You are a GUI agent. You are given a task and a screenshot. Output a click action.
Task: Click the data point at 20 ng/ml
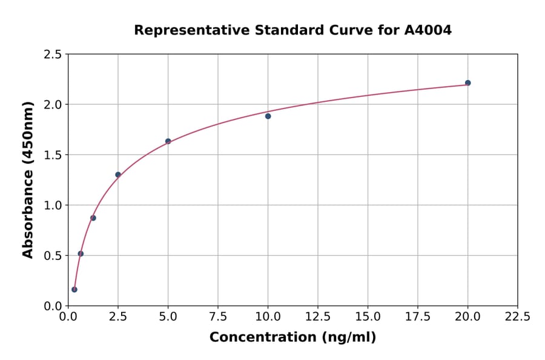point(467,83)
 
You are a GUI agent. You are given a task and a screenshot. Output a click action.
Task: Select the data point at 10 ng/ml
point(268,116)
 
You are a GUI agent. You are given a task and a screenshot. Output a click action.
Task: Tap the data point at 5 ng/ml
point(168,141)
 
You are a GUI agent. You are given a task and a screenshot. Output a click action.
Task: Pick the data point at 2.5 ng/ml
point(118,175)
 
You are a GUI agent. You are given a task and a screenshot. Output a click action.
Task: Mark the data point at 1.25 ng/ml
point(93,218)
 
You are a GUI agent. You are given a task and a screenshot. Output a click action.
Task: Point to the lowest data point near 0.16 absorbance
point(74,289)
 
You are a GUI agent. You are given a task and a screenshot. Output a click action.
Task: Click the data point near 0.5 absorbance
point(81,254)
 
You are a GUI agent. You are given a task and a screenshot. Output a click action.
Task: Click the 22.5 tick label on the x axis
point(517,317)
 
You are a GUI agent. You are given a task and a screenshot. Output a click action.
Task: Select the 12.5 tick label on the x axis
point(318,317)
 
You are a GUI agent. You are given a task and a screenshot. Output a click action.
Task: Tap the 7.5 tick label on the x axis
point(218,317)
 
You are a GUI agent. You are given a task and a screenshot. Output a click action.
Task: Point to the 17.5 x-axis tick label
point(418,317)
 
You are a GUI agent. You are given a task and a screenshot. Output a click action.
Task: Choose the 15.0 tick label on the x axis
point(368,317)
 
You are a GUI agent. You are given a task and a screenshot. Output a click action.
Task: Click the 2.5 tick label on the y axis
point(53,55)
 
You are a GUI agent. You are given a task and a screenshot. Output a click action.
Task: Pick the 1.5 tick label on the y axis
point(53,155)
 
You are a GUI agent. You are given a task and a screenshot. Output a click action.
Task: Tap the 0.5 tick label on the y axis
point(53,256)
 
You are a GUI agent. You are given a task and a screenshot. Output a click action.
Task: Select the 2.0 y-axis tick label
point(53,105)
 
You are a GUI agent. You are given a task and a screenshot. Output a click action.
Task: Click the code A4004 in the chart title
point(428,30)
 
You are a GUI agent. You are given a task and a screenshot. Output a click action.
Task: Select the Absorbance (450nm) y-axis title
point(28,179)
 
